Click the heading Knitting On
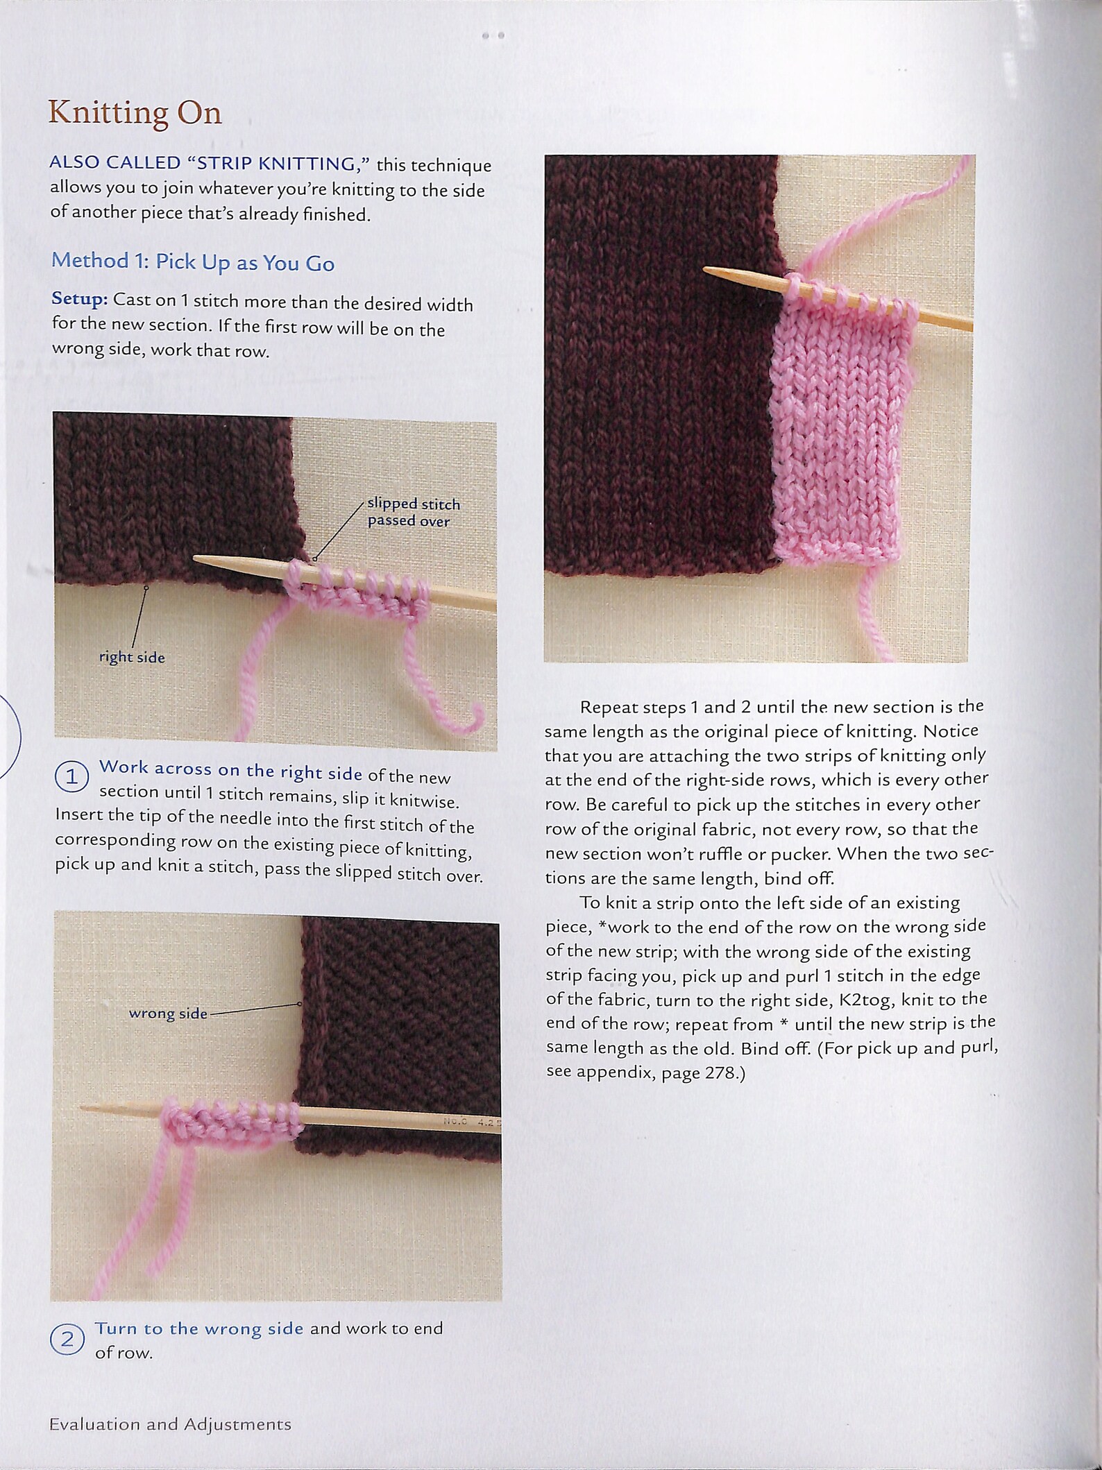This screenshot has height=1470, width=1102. pyautogui.click(x=135, y=113)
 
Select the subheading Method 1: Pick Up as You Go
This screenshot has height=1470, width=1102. pyautogui.click(x=193, y=262)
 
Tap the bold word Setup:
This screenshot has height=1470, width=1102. pyautogui.click(x=79, y=300)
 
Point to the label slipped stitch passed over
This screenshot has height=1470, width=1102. pyautogui.click(x=413, y=512)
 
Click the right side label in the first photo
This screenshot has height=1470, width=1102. pyautogui.click(x=132, y=657)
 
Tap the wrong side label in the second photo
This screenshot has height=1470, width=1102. pyautogui.click(x=168, y=1014)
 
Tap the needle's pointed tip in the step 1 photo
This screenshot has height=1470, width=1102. pyautogui.click(x=196, y=558)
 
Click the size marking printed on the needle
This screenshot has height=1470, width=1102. pyautogui.click(x=472, y=1120)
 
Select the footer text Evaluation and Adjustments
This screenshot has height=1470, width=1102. pyautogui.click(x=170, y=1425)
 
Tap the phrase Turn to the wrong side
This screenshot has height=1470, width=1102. pyautogui.click(x=199, y=1328)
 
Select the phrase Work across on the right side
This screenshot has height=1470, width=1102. pyautogui.click(x=230, y=769)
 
